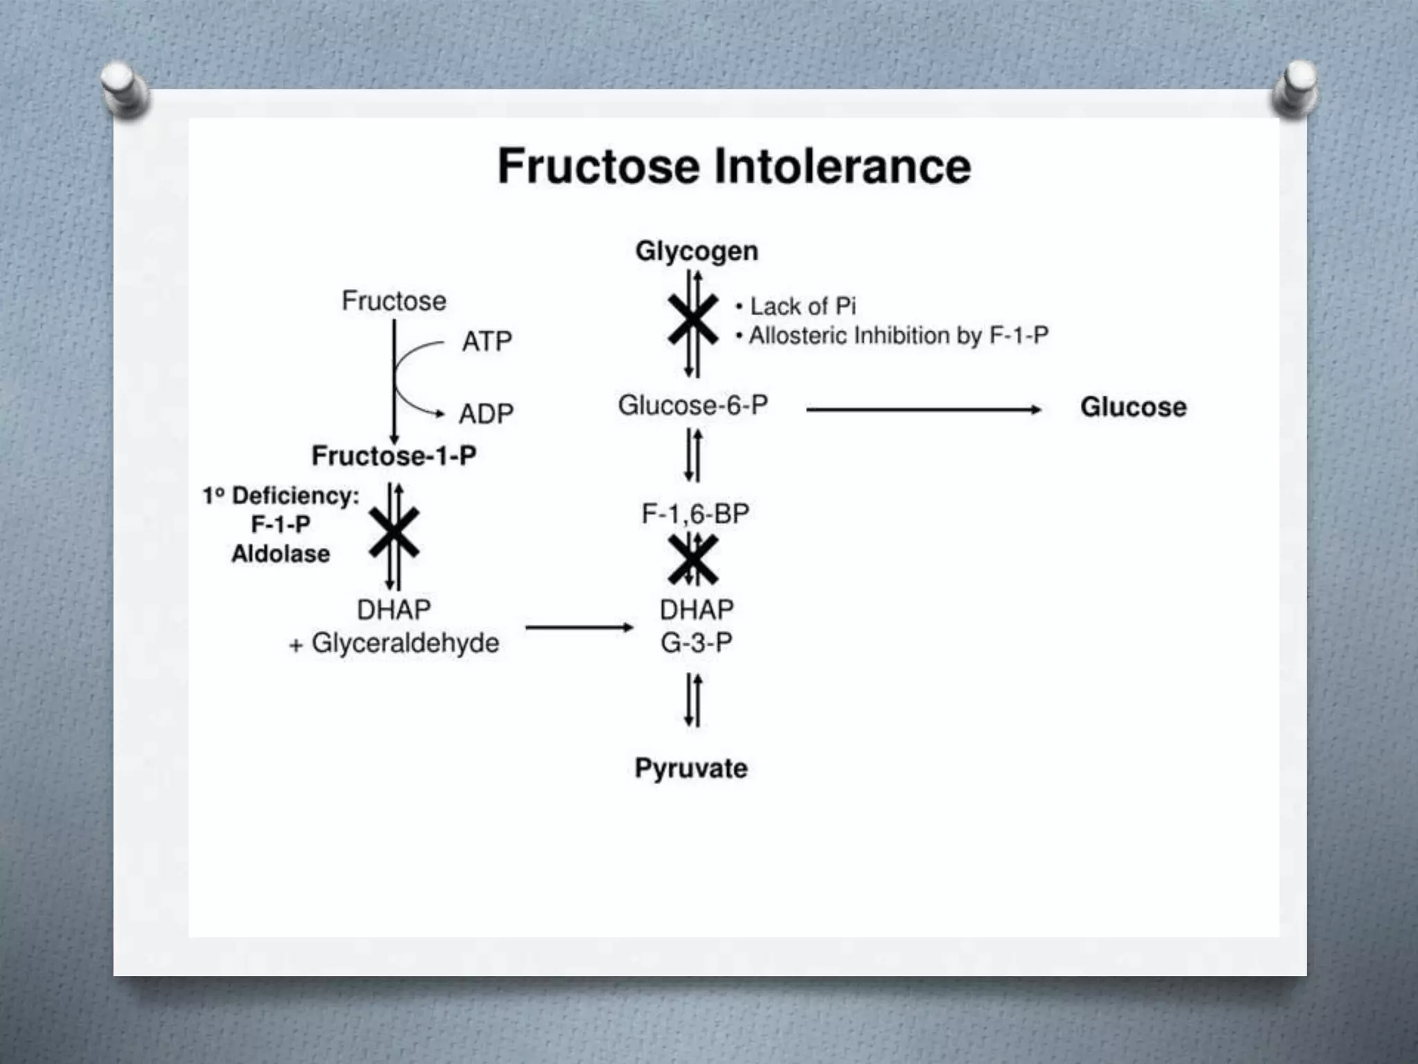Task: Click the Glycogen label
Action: pos(697,251)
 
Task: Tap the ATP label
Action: pos(487,342)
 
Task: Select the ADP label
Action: pos(486,414)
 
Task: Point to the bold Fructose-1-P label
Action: pos(394,456)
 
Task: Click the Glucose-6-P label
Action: pos(693,405)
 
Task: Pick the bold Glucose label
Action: pos(1133,407)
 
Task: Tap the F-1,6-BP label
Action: pos(695,514)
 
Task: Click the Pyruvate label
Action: pos(691,768)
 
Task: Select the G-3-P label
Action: pos(696,643)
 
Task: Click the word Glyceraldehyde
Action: pos(405,644)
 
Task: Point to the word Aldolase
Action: pos(280,554)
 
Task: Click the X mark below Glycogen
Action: pos(693,319)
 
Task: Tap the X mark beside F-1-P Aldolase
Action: pos(394,533)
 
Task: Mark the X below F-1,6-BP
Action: pos(693,560)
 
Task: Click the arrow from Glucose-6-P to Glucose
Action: pos(924,410)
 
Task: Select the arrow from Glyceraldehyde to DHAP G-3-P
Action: pos(580,628)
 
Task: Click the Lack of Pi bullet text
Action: pos(802,306)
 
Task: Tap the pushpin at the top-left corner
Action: pos(123,89)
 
